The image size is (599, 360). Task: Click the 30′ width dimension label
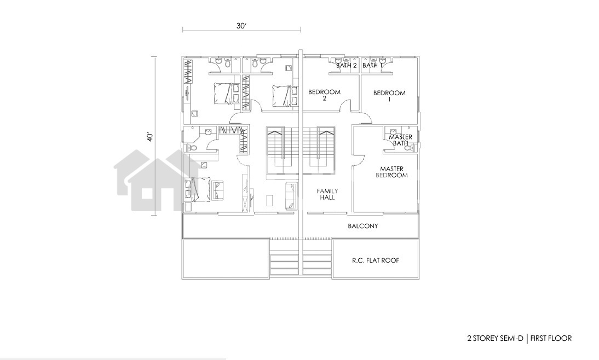(241, 26)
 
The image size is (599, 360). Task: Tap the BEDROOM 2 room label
(324, 95)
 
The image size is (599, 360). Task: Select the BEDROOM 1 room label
(389, 96)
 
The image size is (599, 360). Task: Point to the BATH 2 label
(347, 66)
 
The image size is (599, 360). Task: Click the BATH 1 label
(372, 66)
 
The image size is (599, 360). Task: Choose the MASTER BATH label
(400, 140)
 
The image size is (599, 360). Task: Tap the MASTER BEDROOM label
(391, 172)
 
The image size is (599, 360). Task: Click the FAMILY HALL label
(327, 194)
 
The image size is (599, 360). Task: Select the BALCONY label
(363, 226)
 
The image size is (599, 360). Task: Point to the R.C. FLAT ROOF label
(376, 260)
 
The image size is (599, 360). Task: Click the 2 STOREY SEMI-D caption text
(495, 338)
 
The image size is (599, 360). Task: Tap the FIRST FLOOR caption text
(551, 338)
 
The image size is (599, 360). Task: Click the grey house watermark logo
(157, 180)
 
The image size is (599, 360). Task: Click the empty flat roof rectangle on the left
(226, 259)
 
